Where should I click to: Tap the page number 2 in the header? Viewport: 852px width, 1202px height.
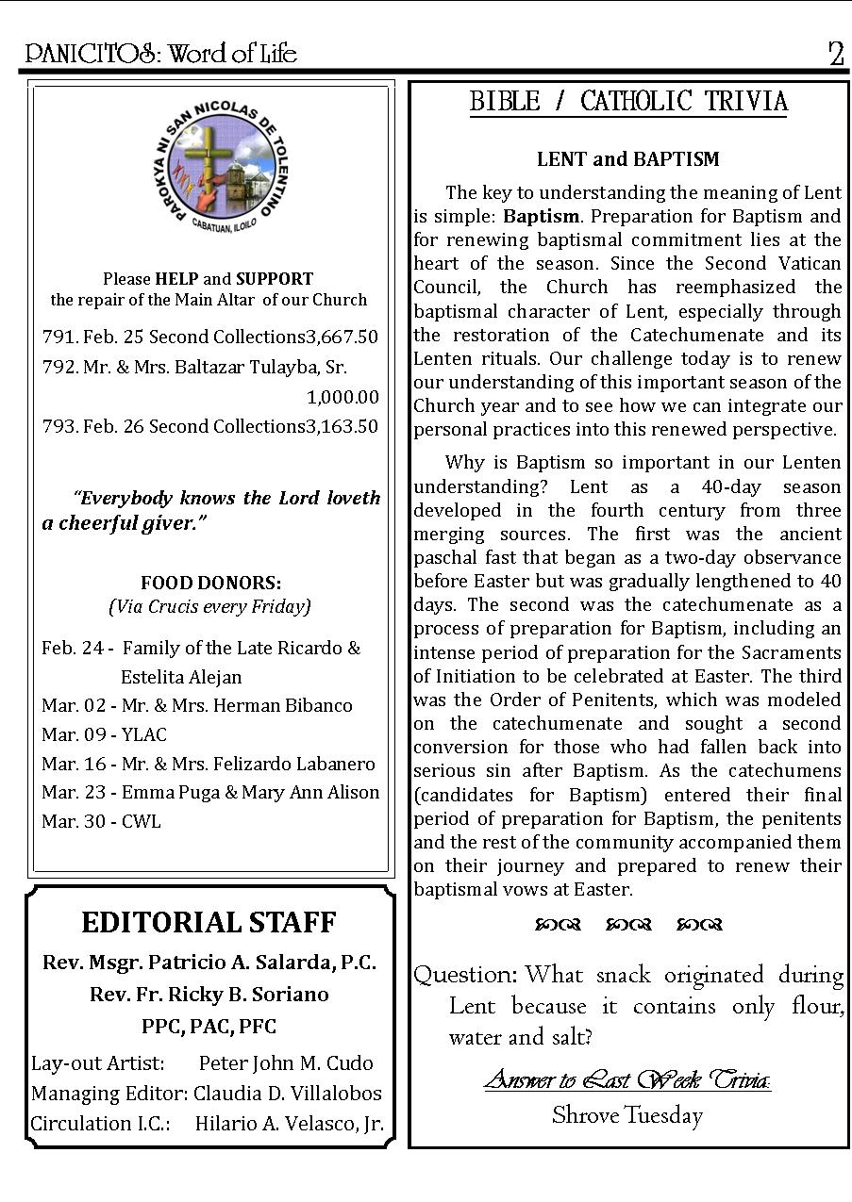[x=835, y=54]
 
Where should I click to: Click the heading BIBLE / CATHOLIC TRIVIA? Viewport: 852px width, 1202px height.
[x=628, y=102]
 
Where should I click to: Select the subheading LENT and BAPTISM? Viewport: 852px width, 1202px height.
[x=628, y=159]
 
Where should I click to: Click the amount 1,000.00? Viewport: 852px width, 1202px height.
[x=342, y=397]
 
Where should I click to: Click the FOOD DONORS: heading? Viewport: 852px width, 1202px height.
[x=210, y=584]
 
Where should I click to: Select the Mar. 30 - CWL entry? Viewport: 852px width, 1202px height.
[x=101, y=821]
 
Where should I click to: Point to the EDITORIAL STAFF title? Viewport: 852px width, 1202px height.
[x=209, y=922]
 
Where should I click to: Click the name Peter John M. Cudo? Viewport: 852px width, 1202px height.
[x=286, y=1062]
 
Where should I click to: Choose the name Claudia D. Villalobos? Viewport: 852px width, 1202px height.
[x=288, y=1093]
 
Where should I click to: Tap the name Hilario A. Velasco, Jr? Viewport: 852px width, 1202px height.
[x=289, y=1123]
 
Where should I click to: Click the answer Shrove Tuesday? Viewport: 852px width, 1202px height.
[x=627, y=1116]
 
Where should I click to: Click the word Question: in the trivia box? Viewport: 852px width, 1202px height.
[x=465, y=975]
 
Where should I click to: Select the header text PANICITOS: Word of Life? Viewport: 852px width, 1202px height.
[x=161, y=54]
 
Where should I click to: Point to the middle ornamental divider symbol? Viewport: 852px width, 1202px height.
[x=628, y=925]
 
